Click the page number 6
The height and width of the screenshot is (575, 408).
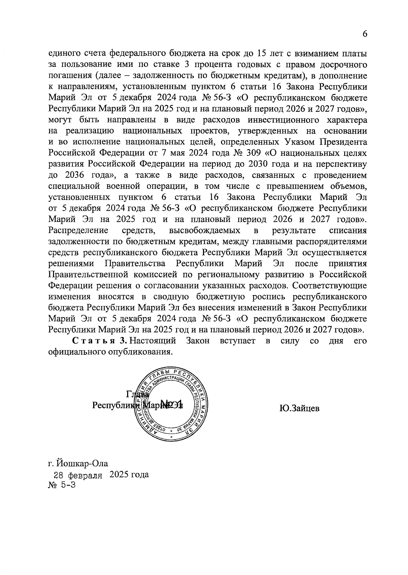click(365, 34)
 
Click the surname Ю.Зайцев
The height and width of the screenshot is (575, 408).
click(299, 408)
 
